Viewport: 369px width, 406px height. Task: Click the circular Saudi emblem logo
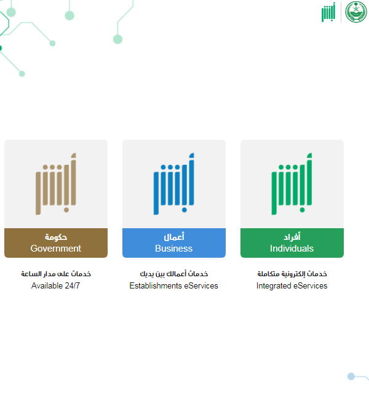pyautogui.click(x=356, y=12)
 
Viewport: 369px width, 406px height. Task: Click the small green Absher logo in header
pyautogui.click(x=328, y=12)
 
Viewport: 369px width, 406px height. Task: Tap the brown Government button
pyautogui.click(x=56, y=243)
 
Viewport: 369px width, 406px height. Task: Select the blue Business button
pyautogui.click(x=174, y=243)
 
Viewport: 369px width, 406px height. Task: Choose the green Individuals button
pyautogui.click(x=292, y=243)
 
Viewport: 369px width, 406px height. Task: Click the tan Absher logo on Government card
pyautogui.click(x=56, y=184)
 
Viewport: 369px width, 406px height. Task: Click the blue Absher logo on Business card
pyautogui.click(x=174, y=184)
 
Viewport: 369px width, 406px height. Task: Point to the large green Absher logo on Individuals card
pyautogui.click(x=292, y=184)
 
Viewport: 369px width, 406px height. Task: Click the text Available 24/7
pyautogui.click(x=56, y=285)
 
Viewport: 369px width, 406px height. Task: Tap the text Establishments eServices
pyautogui.click(x=174, y=285)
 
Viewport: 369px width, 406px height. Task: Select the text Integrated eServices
pyautogui.click(x=292, y=285)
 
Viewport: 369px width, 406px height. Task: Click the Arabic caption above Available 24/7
pyautogui.click(x=56, y=274)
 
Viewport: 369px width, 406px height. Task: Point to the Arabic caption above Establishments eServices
pyautogui.click(x=174, y=274)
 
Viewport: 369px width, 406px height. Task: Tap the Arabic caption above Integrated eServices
pyautogui.click(x=292, y=274)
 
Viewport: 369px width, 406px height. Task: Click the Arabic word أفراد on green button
pyautogui.click(x=292, y=237)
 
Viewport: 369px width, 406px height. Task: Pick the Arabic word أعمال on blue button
pyautogui.click(x=174, y=237)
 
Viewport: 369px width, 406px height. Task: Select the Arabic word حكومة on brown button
pyautogui.click(x=56, y=237)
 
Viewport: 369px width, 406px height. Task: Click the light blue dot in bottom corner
pyautogui.click(x=351, y=376)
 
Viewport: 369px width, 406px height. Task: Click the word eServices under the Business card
pyautogui.click(x=201, y=285)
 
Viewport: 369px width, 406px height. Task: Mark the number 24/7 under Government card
pyautogui.click(x=73, y=285)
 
